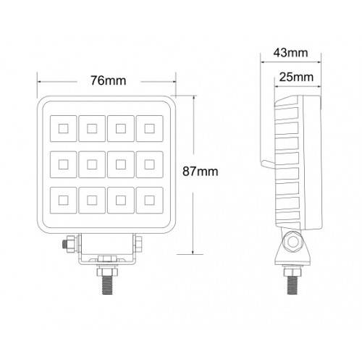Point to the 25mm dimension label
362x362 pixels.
tap(297, 76)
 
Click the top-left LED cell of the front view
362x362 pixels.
tap(61, 130)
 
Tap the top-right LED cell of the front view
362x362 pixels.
tap(150, 130)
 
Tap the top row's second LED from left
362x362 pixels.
tap(90, 130)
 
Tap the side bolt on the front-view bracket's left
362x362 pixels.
tap(69, 245)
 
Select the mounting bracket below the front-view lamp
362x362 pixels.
tap(106, 250)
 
